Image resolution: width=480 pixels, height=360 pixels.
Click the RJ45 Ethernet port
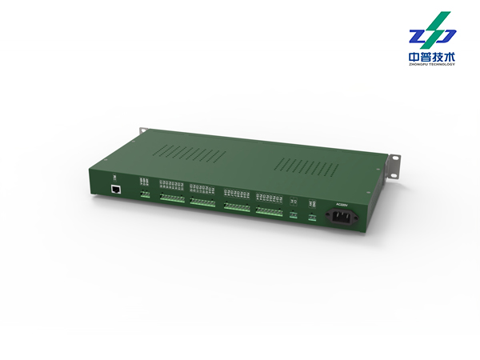(x=117, y=190)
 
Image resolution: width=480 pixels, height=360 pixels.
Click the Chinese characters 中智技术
(x=431, y=58)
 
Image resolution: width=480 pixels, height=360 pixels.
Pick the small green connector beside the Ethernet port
(x=145, y=194)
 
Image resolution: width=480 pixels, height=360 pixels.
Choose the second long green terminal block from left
(x=203, y=202)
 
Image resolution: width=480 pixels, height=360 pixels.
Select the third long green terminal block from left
(x=237, y=207)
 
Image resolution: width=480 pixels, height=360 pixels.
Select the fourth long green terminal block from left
(x=270, y=212)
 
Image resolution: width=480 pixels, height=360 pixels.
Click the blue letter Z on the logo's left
(x=417, y=36)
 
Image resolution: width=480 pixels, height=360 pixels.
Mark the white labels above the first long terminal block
(x=172, y=186)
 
